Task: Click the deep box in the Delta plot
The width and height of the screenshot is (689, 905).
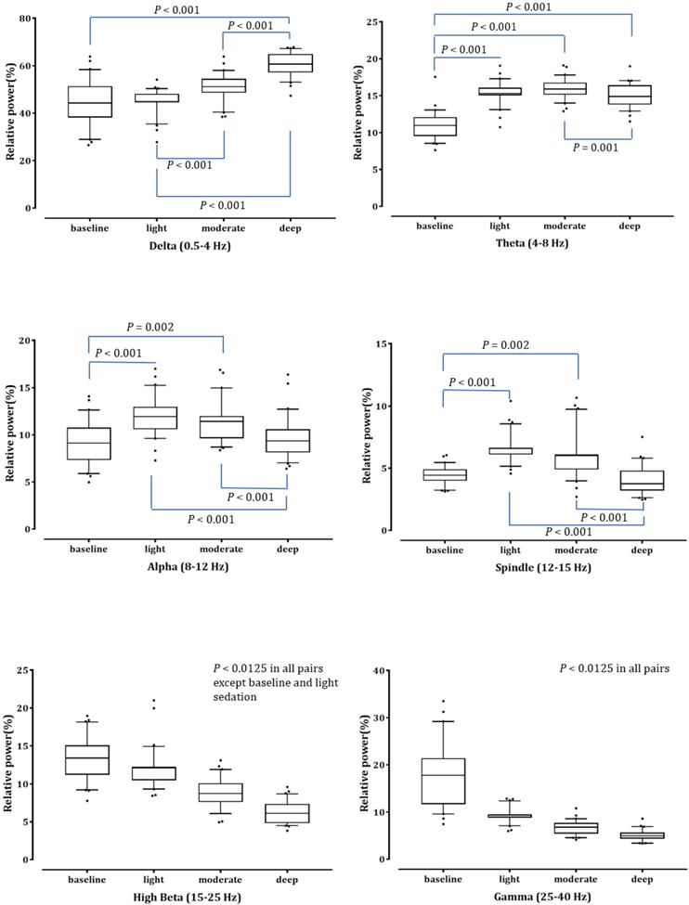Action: click(x=290, y=63)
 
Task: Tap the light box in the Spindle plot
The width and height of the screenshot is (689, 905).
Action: click(x=510, y=451)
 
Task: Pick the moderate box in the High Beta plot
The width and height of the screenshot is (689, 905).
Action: click(x=223, y=792)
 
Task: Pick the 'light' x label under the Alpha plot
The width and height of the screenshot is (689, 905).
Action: click(x=156, y=549)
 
